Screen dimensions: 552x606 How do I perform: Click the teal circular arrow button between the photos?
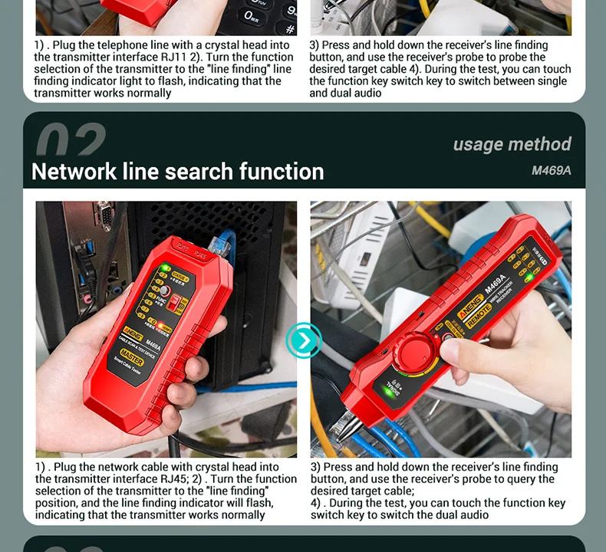[x=304, y=340]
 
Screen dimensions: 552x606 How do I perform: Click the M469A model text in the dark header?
[x=551, y=170]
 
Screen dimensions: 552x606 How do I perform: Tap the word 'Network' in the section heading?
[x=74, y=171]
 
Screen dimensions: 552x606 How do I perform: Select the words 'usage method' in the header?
[x=512, y=144]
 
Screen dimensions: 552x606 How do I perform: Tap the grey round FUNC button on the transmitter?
[x=163, y=291]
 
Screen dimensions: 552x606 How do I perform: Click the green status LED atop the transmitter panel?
[x=164, y=268]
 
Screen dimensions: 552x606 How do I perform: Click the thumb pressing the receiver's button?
[x=453, y=352]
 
